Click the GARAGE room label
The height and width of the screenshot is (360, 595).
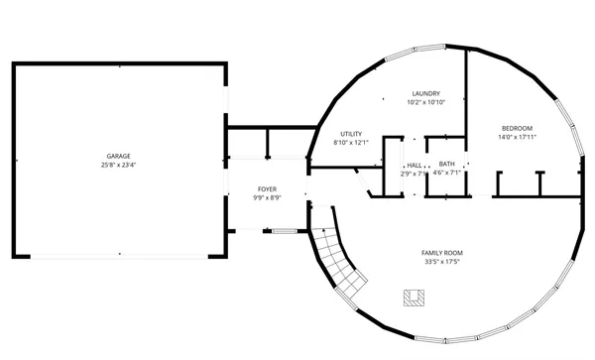pos(120,156)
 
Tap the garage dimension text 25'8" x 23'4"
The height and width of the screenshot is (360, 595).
pos(120,165)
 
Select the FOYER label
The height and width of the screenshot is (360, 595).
pos(268,188)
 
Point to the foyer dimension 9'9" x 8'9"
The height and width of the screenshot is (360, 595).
pos(268,197)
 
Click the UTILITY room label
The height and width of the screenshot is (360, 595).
pos(351,134)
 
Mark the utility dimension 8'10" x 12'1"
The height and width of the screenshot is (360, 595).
pos(351,143)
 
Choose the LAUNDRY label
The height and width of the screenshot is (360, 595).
pos(426,93)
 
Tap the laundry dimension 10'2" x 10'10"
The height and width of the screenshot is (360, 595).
pos(426,102)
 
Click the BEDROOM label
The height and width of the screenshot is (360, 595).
pos(517,128)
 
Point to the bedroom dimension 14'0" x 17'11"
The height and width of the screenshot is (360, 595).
pos(517,137)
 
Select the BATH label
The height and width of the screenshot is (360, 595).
pos(447,164)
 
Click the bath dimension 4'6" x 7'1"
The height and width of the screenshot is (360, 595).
pos(448,173)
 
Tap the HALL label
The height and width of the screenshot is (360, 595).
pos(414,165)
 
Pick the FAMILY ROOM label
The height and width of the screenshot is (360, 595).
pos(442,253)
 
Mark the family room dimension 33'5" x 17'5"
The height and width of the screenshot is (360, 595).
pos(442,263)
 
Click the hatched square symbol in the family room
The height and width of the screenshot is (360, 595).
pos(414,297)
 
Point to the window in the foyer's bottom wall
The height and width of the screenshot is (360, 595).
pos(284,231)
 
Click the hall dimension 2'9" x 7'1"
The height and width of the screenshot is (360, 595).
pos(414,174)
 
